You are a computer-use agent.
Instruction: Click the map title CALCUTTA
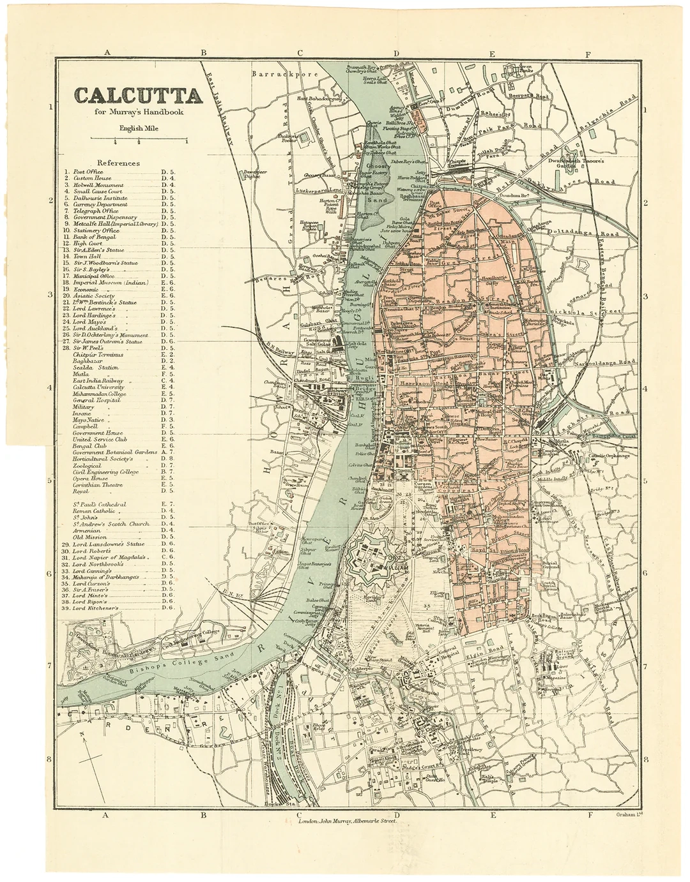coord(138,96)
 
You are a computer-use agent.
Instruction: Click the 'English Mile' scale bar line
coord(151,138)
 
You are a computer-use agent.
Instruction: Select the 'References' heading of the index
coord(118,163)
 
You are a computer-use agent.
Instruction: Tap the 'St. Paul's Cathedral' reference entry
coord(99,504)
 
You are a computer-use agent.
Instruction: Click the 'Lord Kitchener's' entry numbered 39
coord(96,609)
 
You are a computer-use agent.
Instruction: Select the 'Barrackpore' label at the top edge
coord(275,74)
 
